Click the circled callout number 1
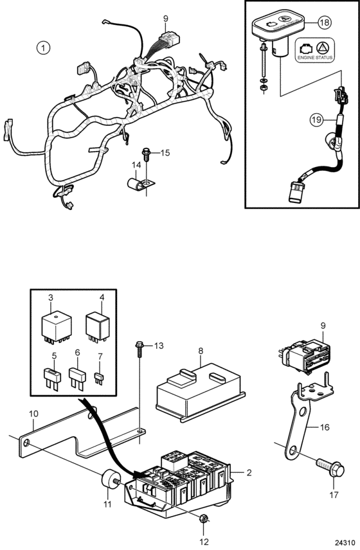[x=43, y=48]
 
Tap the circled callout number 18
[x=325, y=22]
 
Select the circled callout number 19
[x=316, y=120]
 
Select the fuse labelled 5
[x=52, y=379]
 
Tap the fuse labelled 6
[x=77, y=379]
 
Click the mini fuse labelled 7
[x=99, y=379]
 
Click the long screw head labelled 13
[x=139, y=345]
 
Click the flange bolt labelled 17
[x=331, y=468]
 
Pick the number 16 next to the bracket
[x=325, y=427]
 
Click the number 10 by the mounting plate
[x=33, y=414]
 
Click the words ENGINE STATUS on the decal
[x=315, y=58]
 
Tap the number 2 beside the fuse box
[x=249, y=473]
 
